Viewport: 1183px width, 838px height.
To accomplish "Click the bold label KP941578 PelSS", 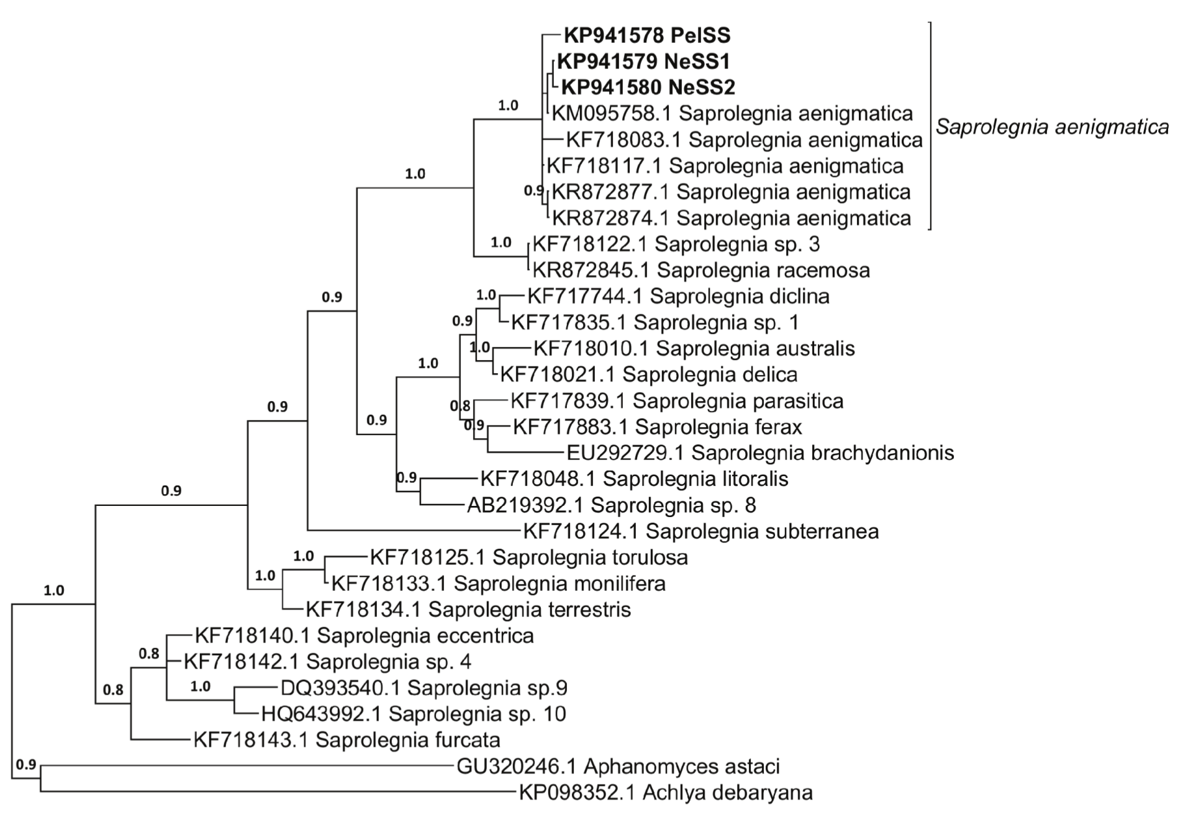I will click(646, 35).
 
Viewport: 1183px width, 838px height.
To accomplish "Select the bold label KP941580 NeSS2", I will click(648, 88).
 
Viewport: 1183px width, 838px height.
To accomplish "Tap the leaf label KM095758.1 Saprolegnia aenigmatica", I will click(732, 114).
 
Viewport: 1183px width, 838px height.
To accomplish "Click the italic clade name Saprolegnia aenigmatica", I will click(1052, 127).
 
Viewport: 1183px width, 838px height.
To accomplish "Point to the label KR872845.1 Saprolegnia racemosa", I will click(701, 270).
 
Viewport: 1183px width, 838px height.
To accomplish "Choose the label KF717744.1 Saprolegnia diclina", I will click(678, 296).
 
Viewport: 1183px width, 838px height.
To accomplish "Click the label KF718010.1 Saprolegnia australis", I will click(694, 348).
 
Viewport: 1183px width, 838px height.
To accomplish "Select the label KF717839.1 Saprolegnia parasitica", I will click(677, 401).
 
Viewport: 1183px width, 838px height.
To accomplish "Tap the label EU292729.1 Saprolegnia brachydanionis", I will click(760, 453).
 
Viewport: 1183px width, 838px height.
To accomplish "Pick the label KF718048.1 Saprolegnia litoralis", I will click(634, 479).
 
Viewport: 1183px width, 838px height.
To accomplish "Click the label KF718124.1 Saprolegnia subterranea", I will click(700, 531).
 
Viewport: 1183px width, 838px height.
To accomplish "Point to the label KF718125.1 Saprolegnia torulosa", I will click(528, 557).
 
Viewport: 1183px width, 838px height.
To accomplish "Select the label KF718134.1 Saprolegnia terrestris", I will click(468, 610).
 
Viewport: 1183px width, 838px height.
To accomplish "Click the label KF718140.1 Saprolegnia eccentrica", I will click(364, 636).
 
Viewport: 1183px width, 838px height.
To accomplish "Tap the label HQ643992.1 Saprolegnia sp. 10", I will click(414, 714).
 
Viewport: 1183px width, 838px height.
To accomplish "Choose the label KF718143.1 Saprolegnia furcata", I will click(347, 740).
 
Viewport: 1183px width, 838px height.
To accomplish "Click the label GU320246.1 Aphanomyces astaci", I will click(618, 767).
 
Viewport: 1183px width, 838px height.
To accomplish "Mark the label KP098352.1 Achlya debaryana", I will click(666, 793).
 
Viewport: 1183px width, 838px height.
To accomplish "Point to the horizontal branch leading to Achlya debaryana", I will click(279, 791).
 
